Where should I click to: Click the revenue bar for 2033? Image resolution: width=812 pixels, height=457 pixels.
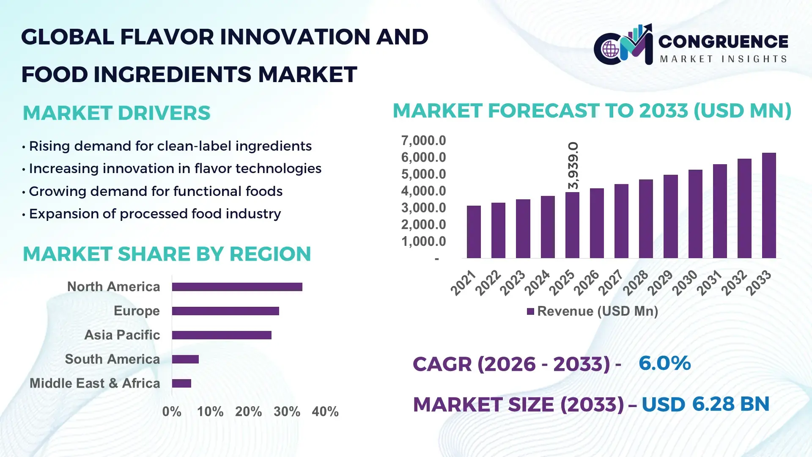click(x=768, y=206)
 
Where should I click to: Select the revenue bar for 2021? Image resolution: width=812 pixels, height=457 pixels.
click(x=474, y=232)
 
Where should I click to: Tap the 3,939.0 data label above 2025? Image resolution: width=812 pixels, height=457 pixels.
click(x=573, y=165)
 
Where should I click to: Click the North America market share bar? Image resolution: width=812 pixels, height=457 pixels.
click(x=237, y=287)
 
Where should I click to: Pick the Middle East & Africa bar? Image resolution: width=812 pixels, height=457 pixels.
click(x=181, y=383)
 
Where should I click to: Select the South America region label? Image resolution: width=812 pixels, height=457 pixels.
click(x=112, y=359)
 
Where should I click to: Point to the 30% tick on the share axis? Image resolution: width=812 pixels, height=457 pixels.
click(x=287, y=411)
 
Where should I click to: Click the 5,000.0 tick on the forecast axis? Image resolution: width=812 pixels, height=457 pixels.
click(x=423, y=174)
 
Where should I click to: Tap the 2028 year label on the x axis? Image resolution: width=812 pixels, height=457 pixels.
click(x=635, y=283)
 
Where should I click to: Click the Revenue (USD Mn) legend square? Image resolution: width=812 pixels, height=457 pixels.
click(x=530, y=311)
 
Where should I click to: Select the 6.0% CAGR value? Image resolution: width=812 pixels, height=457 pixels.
click(x=664, y=363)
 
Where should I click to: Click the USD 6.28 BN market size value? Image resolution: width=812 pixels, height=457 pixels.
click(x=705, y=404)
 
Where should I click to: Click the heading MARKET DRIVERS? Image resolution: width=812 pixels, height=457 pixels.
click(x=116, y=113)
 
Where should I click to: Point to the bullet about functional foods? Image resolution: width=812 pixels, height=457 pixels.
click(x=155, y=191)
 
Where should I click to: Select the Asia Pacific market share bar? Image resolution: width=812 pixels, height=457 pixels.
click(x=222, y=335)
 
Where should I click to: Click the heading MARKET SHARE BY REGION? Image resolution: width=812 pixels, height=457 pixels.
click(x=167, y=254)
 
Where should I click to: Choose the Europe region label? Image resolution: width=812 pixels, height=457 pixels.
click(x=137, y=311)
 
